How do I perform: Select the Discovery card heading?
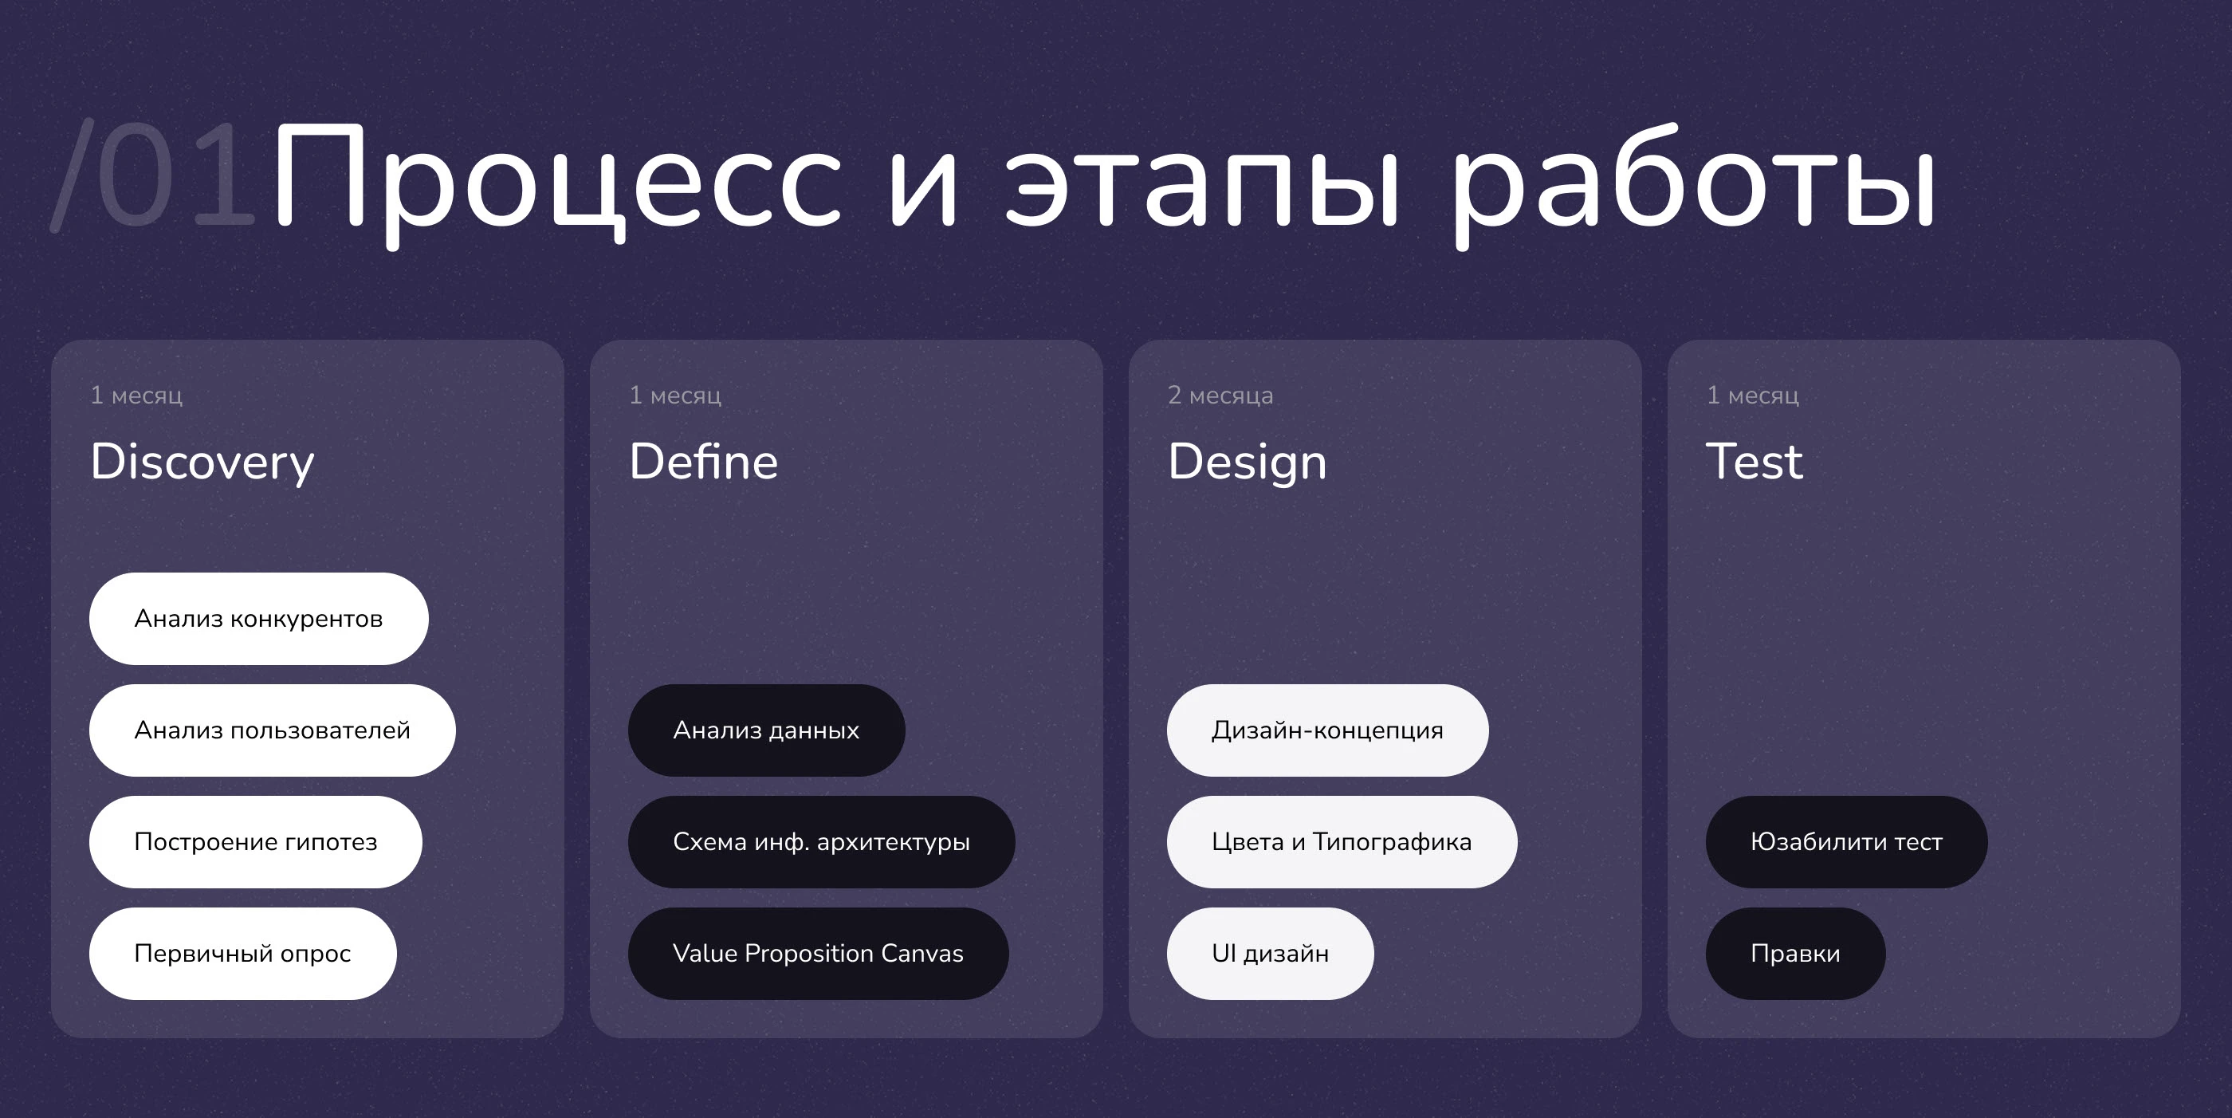(x=202, y=462)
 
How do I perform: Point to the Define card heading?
(x=704, y=461)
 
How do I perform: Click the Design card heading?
(x=1247, y=462)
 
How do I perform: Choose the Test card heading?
(x=1754, y=461)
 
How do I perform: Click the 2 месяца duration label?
(x=1220, y=396)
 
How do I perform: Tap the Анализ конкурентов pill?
(x=258, y=619)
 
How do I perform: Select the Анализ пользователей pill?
(x=272, y=730)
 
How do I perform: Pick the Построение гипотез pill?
(x=256, y=841)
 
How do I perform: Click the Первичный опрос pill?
(x=242, y=954)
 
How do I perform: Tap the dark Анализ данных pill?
(x=766, y=730)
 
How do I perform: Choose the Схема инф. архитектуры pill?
(x=820, y=841)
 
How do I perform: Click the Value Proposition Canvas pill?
(x=818, y=954)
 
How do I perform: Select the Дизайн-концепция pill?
(x=1327, y=730)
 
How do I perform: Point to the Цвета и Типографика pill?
(x=1342, y=841)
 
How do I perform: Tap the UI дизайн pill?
(x=1270, y=954)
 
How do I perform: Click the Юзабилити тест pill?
(x=1846, y=841)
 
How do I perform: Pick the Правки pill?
(x=1795, y=954)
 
